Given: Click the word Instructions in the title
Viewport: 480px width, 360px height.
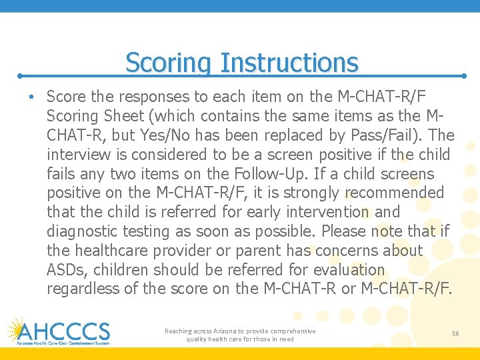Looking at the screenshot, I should tap(289, 63).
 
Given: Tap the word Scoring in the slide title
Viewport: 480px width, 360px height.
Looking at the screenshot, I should tap(169, 63).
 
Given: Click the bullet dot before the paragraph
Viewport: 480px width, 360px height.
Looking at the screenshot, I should tap(32, 97).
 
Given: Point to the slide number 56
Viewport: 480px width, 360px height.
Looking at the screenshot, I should tap(455, 333).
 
